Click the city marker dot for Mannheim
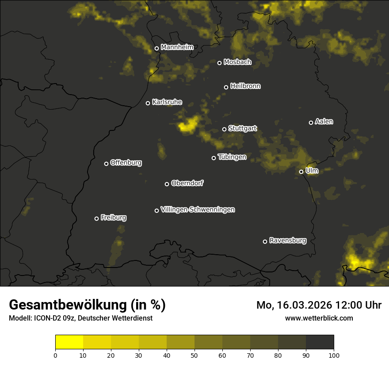pos(156,49)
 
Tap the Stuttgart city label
pos(242,129)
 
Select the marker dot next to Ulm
pos(301,172)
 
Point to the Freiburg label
pos(113,218)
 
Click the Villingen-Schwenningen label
pos(198,210)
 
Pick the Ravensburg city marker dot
pos(265,241)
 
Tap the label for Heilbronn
pos(245,86)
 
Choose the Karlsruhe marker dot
pos(148,103)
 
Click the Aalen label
pos(324,122)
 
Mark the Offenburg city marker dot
pos(106,164)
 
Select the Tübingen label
pos(232,157)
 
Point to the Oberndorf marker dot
pos(167,184)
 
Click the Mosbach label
pos(237,62)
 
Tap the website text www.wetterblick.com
pos(319,318)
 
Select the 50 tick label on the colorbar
pos(194,355)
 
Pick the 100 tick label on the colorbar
pos(334,355)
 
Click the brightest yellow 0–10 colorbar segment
pos(69,342)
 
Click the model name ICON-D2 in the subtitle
pos(46,318)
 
